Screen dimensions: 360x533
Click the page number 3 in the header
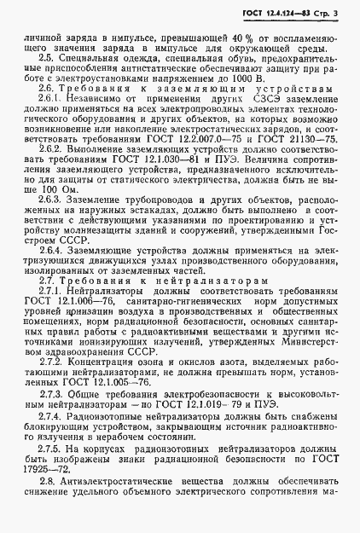pyautogui.click(x=339, y=14)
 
